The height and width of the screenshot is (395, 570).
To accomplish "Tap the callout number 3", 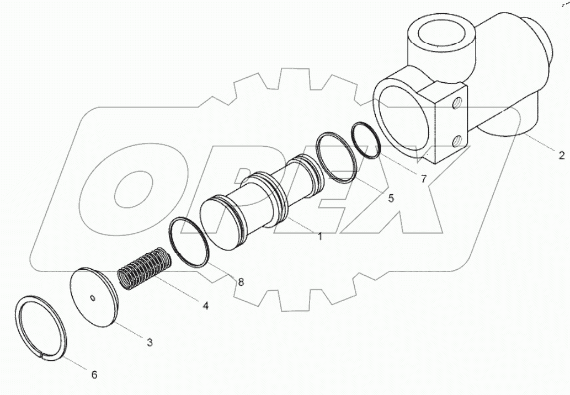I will click(149, 342).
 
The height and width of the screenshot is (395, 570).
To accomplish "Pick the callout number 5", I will click(390, 198).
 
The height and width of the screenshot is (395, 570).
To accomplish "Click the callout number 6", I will click(94, 375).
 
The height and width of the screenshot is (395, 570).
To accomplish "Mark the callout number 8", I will click(241, 282).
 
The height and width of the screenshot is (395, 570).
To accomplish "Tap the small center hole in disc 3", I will click(93, 298).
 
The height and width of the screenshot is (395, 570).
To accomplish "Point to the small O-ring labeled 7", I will click(366, 141).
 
